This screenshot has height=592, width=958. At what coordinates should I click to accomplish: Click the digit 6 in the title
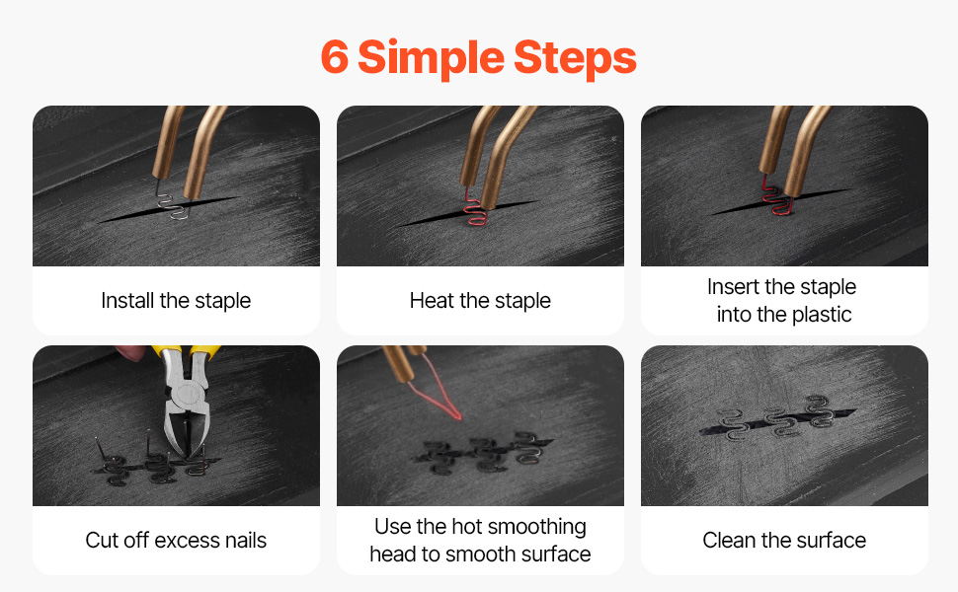point(334,57)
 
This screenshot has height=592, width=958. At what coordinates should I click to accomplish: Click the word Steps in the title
point(575,57)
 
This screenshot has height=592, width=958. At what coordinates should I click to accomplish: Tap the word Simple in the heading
point(431,58)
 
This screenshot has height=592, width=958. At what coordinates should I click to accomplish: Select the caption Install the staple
point(176,301)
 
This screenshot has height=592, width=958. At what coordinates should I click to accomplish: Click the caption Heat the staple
point(480,301)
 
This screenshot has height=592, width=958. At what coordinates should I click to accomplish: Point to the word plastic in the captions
point(821,315)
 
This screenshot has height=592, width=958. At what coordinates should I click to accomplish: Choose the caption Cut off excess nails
point(176,540)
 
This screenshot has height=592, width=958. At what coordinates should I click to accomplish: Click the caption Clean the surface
point(784,540)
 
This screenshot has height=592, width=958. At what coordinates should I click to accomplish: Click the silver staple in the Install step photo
point(171,201)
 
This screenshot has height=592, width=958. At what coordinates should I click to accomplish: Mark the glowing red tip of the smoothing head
point(457,416)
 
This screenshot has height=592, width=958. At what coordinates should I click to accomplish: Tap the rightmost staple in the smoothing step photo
point(527,447)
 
